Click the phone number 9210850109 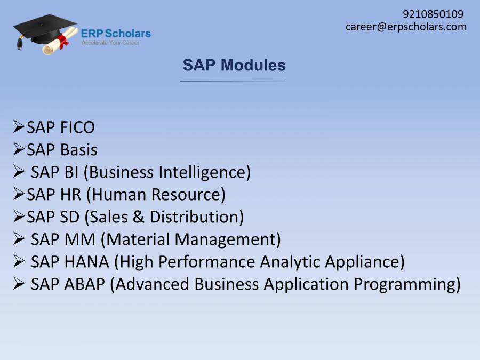[433, 14]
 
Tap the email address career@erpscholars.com [406, 27]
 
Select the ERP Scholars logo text [116, 34]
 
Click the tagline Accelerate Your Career [110, 43]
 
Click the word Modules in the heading [253, 65]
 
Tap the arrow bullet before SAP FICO [19, 127]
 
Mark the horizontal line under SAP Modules [233, 81]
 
